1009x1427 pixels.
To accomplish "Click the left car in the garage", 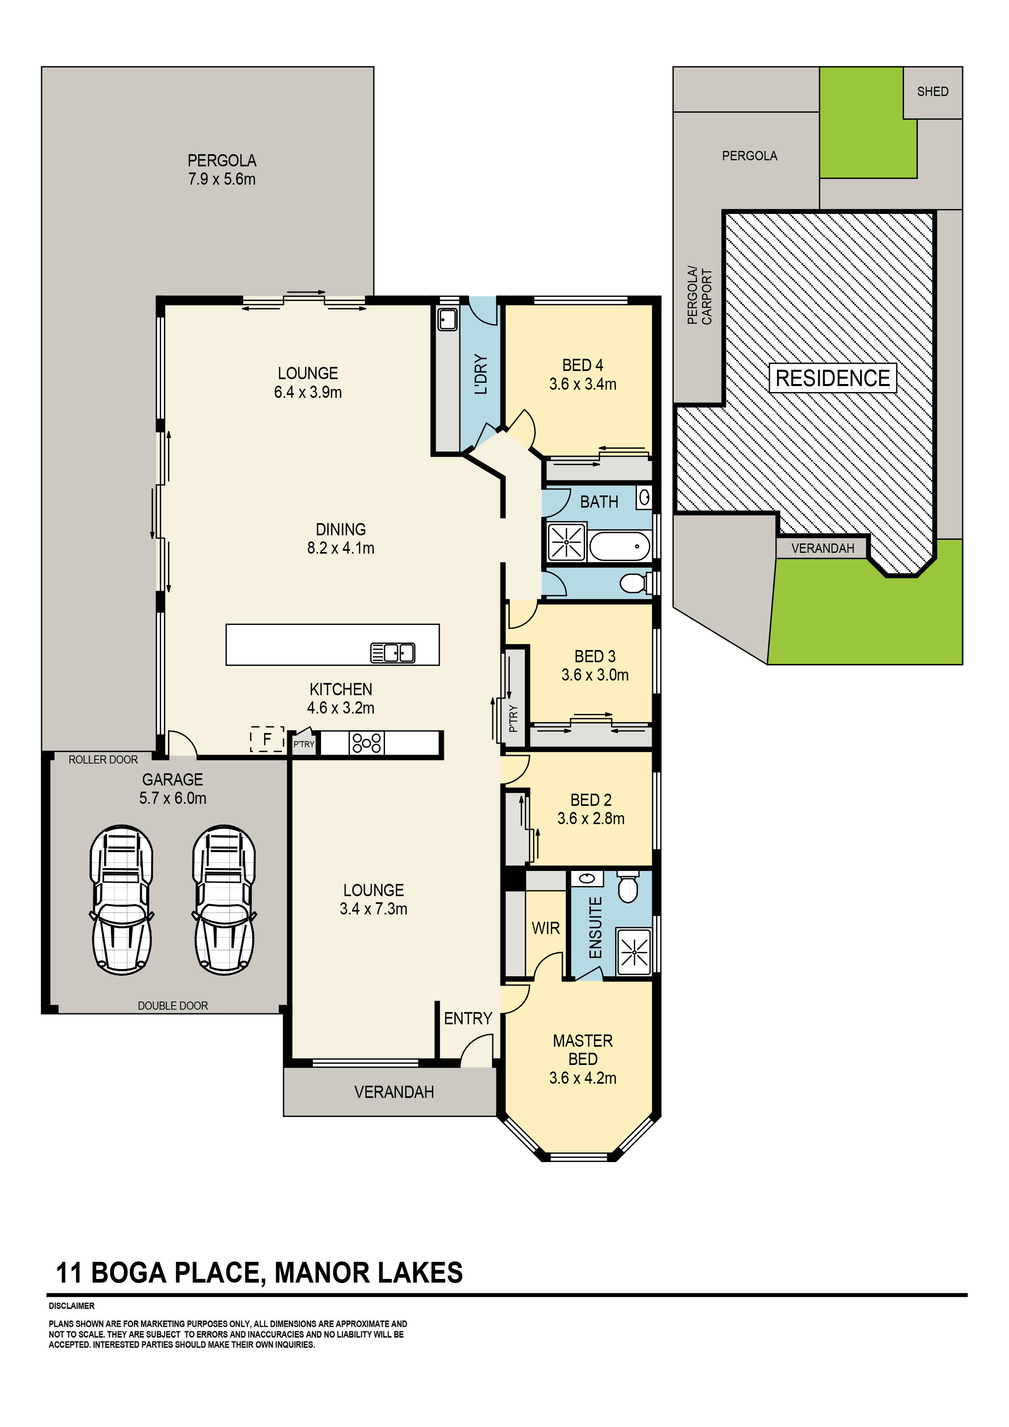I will pyautogui.click(x=121, y=899).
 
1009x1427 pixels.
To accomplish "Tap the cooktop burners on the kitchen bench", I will pyautogui.click(x=367, y=743).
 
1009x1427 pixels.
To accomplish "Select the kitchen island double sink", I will pyautogui.click(x=393, y=652).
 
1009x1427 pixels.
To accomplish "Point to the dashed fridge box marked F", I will pyautogui.click(x=267, y=739).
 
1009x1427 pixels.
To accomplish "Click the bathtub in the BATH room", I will pyautogui.click(x=619, y=547).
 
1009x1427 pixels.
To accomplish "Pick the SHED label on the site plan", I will pyautogui.click(x=932, y=92).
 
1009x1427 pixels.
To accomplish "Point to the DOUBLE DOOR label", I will pyautogui.click(x=173, y=1006).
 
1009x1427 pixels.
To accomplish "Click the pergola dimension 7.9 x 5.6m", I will pyautogui.click(x=222, y=180).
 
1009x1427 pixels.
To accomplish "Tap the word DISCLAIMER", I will pyautogui.click(x=72, y=1306).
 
